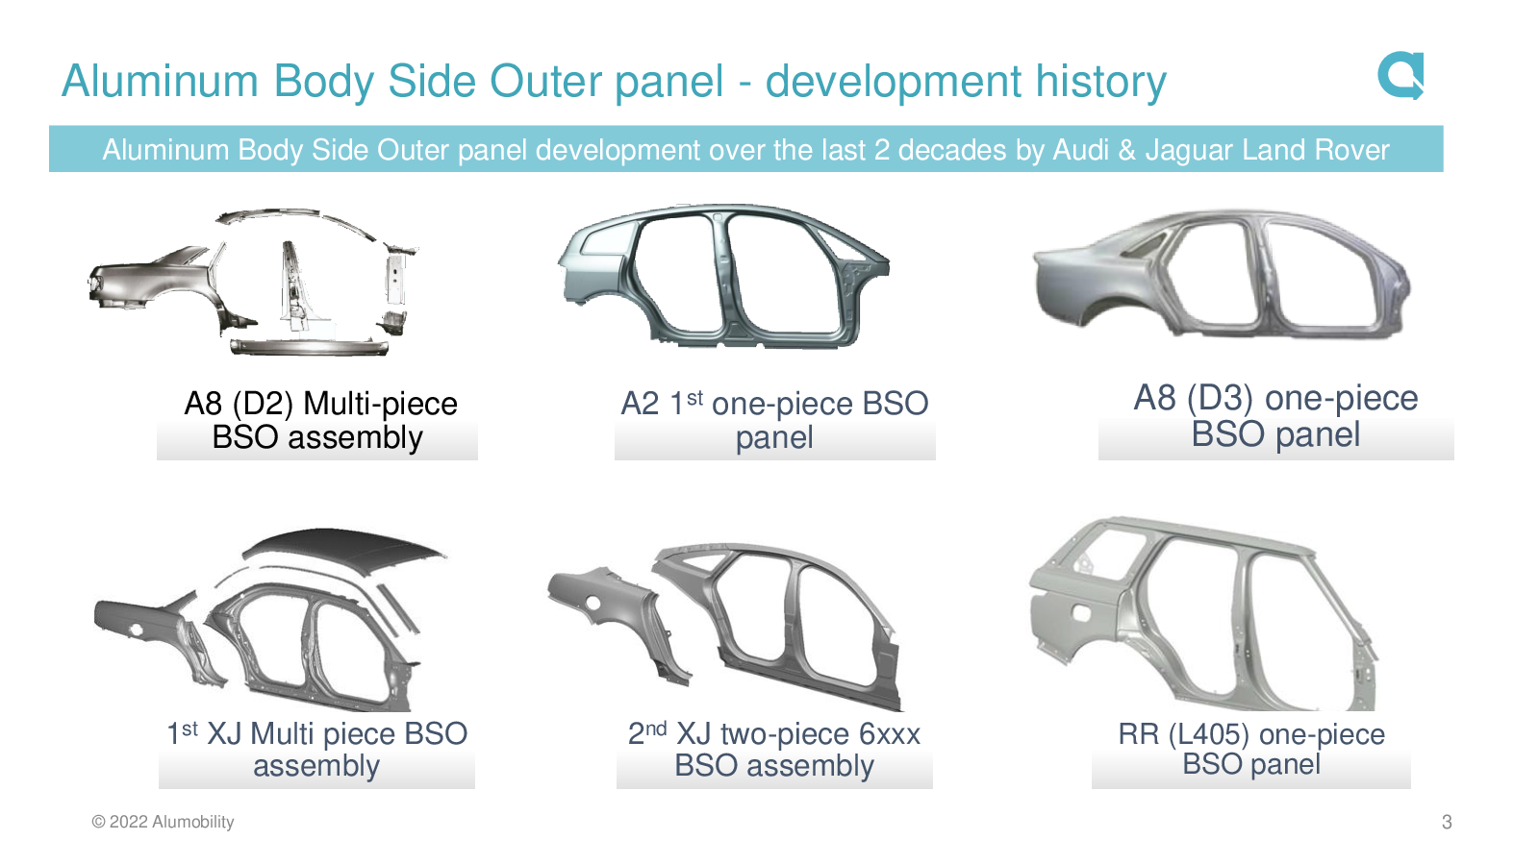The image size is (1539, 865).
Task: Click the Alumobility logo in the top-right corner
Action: click(1400, 76)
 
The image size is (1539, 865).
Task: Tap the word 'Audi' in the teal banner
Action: click(1081, 150)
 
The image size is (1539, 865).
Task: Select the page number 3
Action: click(1447, 822)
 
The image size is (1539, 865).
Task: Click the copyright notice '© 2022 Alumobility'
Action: click(163, 822)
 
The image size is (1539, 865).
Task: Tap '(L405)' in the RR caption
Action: click(1208, 734)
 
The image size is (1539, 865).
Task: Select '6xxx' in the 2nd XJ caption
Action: click(889, 734)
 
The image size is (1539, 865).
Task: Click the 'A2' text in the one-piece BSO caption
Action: click(641, 404)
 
